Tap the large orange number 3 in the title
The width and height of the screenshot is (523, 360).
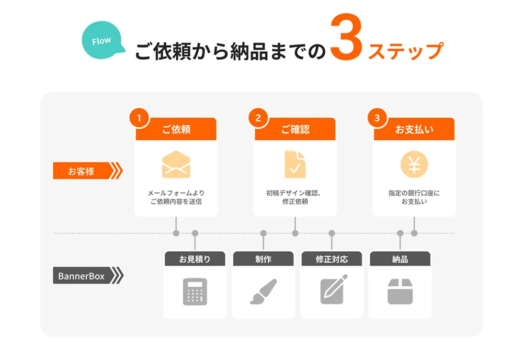[346, 40]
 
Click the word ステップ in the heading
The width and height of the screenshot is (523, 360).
[406, 52]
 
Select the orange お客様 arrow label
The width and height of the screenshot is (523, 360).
[86, 171]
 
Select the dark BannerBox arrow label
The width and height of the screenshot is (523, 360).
[86, 275]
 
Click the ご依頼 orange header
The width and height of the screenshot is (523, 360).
[176, 130]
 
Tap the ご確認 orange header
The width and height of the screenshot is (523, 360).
[295, 130]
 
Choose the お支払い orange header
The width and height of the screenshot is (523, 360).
[414, 130]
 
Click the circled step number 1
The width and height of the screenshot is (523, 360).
[139, 118]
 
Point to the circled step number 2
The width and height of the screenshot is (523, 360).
[258, 118]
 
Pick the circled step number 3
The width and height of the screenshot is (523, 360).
[377, 118]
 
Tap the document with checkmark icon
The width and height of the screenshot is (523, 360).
[295, 164]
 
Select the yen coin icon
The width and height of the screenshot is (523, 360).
[414, 164]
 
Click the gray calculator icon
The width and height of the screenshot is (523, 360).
[195, 291]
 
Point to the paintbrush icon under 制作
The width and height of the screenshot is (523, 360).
[263, 291]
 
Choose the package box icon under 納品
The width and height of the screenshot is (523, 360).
[400, 291]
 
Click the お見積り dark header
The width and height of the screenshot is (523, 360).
[195, 259]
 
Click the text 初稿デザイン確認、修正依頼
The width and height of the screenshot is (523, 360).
[295, 197]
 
